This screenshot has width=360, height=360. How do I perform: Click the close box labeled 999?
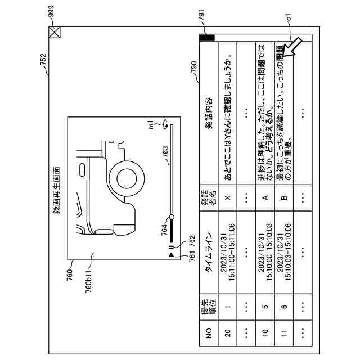[54, 33]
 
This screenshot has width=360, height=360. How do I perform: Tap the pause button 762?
[170, 246]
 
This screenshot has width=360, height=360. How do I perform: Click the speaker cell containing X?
[228, 196]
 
